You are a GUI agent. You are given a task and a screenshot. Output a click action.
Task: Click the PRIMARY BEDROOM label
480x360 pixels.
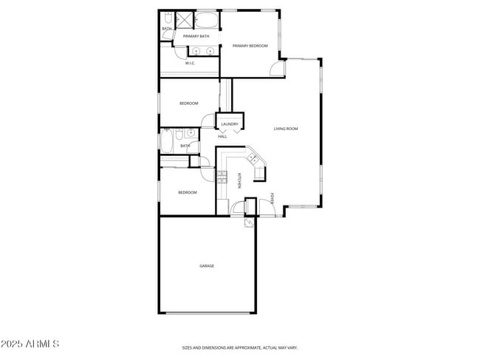pyautogui.click(x=250, y=47)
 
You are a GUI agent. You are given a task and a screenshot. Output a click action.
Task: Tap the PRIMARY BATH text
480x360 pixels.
pyautogui.click(x=196, y=35)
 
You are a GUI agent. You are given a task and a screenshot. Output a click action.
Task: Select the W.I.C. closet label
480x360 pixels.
pyautogui.click(x=190, y=63)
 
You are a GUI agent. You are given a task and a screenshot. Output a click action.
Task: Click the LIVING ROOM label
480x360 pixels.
pyautogui.click(x=286, y=129)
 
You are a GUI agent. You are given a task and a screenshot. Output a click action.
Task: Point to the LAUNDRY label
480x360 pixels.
pyautogui.click(x=229, y=124)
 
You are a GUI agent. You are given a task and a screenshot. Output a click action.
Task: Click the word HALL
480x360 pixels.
pyautogui.click(x=222, y=136)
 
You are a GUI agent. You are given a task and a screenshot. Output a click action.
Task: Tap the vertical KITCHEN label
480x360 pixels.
pyautogui.click(x=239, y=180)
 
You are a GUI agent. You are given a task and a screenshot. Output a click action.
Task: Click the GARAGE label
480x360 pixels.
pyautogui.click(x=207, y=265)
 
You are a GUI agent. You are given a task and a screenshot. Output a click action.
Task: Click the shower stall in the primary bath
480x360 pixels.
pyautogui.click(x=185, y=19)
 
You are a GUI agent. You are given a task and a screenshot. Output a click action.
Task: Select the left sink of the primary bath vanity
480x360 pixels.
pyautogui.click(x=197, y=50)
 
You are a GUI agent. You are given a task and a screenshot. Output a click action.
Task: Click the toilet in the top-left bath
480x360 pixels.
pyautogui.click(x=168, y=18)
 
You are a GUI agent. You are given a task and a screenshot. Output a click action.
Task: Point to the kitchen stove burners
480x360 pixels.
pyautogui.click(x=222, y=176)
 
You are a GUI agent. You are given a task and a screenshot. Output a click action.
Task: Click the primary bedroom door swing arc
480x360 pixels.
pyautogui.click(x=276, y=68)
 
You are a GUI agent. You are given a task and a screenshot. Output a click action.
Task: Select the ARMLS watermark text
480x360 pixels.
pyautogui.click(x=30, y=344)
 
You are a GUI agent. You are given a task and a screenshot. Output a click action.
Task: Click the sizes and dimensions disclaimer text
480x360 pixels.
pyautogui.click(x=240, y=347)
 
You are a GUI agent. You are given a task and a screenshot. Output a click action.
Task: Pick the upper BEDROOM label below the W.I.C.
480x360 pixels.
pyautogui.click(x=189, y=103)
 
